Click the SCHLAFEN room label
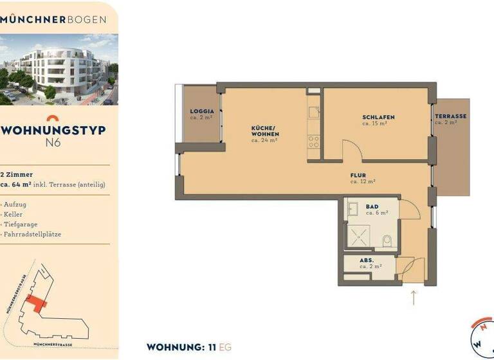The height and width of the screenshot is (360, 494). tap(378, 117)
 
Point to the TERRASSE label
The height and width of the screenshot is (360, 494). tap(450, 116)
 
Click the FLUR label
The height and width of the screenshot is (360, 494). tap(358, 175)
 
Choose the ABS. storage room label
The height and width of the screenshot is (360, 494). tap(367, 260)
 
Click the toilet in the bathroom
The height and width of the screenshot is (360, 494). tap(386, 241)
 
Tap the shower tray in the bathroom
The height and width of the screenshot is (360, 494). tap(360, 236)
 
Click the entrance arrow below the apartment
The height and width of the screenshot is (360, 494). tap(413, 298)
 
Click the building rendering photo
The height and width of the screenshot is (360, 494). tap(59, 69)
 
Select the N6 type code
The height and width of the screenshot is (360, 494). tap(53, 143)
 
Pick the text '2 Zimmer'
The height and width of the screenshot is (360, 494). tap(17, 174)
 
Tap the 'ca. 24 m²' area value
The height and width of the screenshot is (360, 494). tap(264, 139)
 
